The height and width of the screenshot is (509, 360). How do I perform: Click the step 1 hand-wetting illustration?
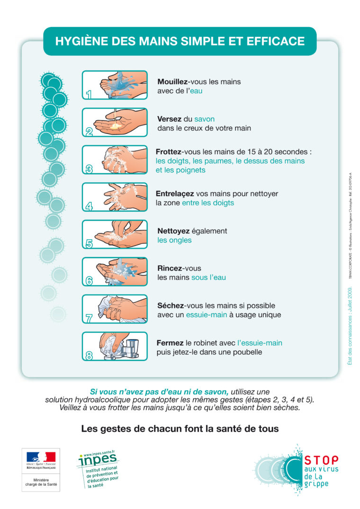[x=115, y=85]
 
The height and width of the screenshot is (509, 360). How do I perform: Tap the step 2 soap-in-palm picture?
[x=115, y=123]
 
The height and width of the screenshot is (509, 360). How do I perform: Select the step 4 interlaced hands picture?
[x=115, y=197]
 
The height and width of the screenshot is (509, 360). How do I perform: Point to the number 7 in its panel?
[x=89, y=318]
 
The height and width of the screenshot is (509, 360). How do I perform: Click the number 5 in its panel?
[x=89, y=243]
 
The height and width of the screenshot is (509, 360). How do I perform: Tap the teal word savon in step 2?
[x=204, y=119]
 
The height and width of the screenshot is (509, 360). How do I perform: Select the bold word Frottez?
[x=169, y=152]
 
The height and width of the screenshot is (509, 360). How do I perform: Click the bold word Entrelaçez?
[x=174, y=194]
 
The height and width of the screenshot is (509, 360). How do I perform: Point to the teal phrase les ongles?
[x=174, y=240]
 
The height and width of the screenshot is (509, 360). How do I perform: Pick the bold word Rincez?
[x=170, y=268]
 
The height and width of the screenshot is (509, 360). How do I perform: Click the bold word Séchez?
[x=170, y=306]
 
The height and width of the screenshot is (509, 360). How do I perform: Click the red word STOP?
[x=321, y=460]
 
